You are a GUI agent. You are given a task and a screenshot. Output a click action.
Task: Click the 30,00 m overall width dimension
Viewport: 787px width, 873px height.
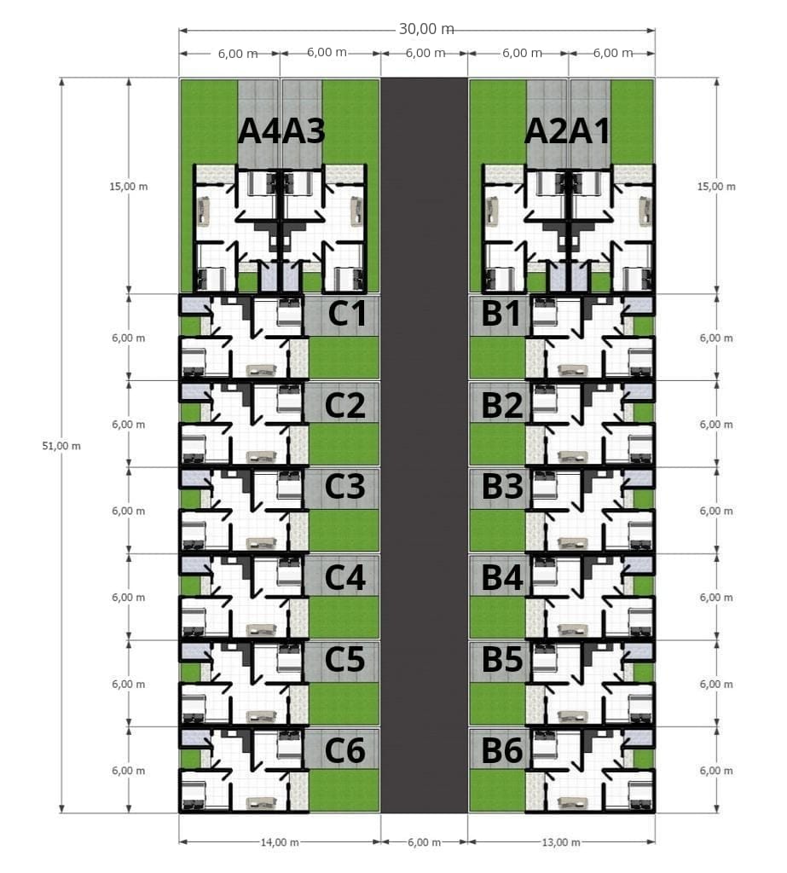pyautogui.click(x=426, y=28)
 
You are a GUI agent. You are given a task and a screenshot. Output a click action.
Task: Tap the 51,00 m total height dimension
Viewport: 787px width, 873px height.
pyautogui.click(x=61, y=446)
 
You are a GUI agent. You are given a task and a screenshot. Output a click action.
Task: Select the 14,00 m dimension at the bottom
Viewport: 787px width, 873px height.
pyautogui.click(x=280, y=841)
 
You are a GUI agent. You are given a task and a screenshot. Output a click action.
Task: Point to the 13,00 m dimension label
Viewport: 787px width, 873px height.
pyautogui.click(x=561, y=841)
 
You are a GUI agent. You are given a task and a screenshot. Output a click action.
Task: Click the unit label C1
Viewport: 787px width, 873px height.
pyautogui.click(x=347, y=314)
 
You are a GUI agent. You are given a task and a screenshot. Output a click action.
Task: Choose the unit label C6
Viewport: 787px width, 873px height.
pyautogui.click(x=345, y=750)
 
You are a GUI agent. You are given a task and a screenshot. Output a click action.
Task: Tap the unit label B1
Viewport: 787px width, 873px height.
pyautogui.click(x=501, y=313)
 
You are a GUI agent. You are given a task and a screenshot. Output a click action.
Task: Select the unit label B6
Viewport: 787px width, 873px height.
pyautogui.click(x=502, y=750)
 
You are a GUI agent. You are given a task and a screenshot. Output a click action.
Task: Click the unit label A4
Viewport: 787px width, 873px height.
pyautogui.click(x=259, y=132)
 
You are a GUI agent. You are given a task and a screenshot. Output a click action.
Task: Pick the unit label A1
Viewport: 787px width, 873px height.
pyautogui.click(x=589, y=132)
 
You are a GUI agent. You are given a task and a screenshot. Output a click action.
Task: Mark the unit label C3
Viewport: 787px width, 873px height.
pyautogui.click(x=345, y=486)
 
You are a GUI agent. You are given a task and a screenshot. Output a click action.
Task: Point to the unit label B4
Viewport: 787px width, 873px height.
pyautogui.click(x=502, y=577)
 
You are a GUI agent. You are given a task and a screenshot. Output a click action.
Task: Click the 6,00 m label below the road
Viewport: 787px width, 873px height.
pyautogui.click(x=425, y=841)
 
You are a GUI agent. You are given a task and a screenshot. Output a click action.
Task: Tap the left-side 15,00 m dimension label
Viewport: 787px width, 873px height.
pyautogui.click(x=129, y=187)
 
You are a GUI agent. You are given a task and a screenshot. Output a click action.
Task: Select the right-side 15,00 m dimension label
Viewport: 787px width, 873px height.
pyautogui.click(x=716, y=187)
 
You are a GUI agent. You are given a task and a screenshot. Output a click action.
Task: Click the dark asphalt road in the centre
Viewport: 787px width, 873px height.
pyautogui.click(x=425, y=445)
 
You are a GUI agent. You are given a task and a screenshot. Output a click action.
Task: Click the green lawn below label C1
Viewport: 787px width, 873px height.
pyautogui.click(x=344, y=357)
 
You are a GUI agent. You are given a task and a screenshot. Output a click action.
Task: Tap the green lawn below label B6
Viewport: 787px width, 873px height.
pyautogui.click(x=497, y=790)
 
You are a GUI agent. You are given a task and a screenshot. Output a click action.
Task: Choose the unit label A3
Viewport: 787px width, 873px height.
pyautogui.click(x=304, y=132)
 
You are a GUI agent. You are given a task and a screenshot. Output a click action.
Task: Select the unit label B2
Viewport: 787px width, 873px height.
pyautogui.click(x=502, y=405)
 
